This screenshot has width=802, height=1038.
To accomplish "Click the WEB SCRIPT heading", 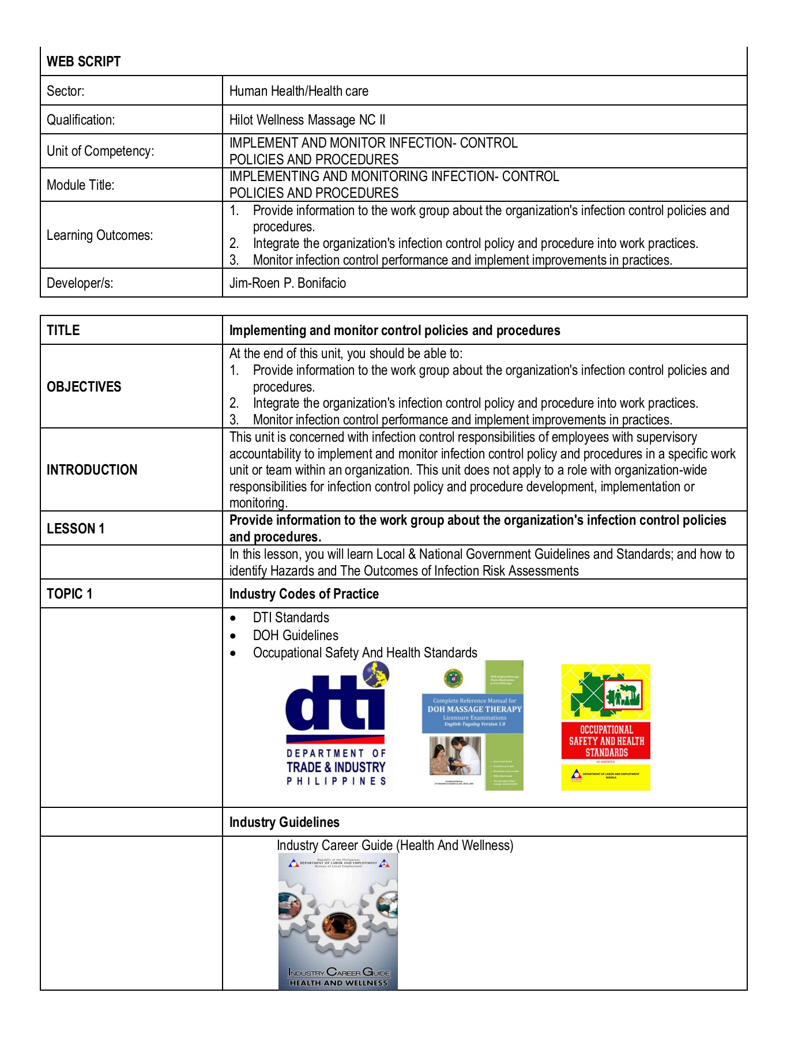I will (84, 62).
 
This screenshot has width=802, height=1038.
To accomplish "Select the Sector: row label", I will (66, 91).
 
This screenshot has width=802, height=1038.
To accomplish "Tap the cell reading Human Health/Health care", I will (299, 91).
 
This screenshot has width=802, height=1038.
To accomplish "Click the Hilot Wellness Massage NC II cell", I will (307, 120).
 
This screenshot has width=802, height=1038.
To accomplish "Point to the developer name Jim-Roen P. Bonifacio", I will (287, 283).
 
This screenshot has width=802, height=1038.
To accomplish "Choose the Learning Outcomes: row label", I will (100, 235).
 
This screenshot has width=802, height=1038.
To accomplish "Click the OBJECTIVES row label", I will (84, 386).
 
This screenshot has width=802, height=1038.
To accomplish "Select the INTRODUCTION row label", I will (92, 470).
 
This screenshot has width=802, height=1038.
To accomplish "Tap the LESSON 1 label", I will (76, 529).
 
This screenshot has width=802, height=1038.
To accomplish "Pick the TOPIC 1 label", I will (70, 594).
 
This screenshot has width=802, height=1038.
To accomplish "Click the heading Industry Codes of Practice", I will (304, 594).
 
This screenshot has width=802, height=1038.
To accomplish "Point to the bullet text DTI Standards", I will (291, 618).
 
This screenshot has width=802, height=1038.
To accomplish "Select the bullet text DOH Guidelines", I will (295, 635).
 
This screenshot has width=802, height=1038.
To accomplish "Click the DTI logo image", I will (336, 725).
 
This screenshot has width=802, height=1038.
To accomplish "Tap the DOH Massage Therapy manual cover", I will (473, 725).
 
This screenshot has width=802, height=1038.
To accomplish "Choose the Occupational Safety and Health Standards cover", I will (605, 727).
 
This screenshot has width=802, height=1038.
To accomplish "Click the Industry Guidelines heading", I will (284, 822).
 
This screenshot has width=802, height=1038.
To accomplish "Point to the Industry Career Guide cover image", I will (338, 922).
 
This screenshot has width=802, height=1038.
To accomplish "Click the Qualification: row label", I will (81, 120).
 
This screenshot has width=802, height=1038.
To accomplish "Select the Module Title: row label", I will (81, 185).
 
